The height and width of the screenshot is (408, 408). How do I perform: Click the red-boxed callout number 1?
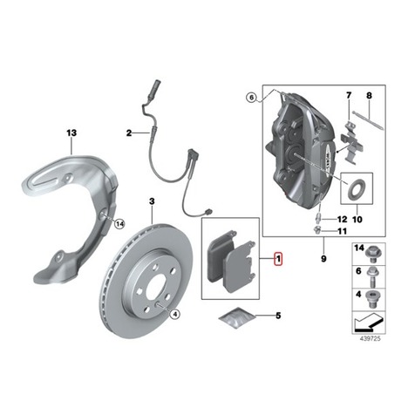(x=278, y=258)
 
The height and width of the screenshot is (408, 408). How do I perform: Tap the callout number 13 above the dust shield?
(x=71, y=133)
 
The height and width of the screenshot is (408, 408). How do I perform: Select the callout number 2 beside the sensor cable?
(x=129, y=133)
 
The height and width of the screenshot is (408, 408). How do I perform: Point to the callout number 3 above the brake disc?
(x=152, y=201)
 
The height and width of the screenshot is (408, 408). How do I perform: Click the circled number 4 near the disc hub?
(x=175, y=314)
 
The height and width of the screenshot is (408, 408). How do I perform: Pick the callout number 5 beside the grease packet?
(x=278, y=316)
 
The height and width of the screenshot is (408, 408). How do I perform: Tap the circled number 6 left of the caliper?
(x=252, y=98)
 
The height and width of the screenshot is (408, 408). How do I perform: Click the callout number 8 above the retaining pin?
(x=369, y=95)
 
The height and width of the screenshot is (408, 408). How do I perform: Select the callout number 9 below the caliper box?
(x=323, y=258)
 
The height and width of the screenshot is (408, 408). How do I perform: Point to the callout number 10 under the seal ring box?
(x=357, y=219)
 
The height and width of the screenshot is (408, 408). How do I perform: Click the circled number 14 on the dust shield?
(x=119, y=224)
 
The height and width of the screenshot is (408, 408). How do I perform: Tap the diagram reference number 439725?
(x=370, y=339)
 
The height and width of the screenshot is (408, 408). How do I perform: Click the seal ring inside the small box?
(x=357, y=188)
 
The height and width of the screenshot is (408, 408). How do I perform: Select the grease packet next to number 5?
(x=237, y=317)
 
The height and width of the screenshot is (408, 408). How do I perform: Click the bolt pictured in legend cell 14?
(x=372, y=254)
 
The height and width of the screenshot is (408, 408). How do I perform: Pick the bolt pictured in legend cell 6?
(x=372, y=276)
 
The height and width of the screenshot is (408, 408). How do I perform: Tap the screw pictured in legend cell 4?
(x=372, y=299)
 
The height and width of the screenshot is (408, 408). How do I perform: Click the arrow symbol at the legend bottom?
(x=369, y=323)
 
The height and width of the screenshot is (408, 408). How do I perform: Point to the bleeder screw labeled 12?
(x=319, y=217)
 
